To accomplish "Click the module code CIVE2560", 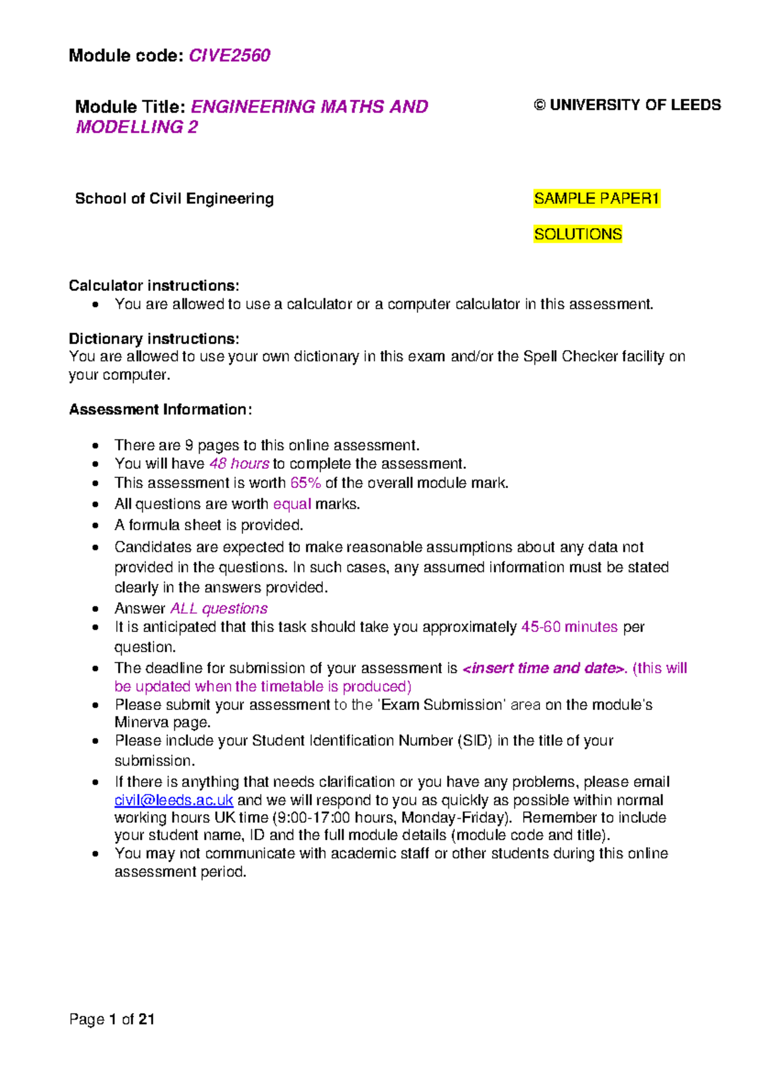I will point(229,56).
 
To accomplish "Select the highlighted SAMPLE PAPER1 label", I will point(596,198).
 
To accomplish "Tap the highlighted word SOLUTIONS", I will point(577,234).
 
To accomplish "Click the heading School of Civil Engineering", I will point(174,198).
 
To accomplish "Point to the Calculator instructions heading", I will point(153,286).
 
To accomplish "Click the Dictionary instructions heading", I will point(153,339).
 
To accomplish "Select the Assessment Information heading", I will point(160,410).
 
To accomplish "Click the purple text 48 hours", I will point(239,463).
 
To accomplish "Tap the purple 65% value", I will point(305,483).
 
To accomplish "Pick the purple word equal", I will point(292,504).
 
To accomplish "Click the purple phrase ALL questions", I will point(219,608).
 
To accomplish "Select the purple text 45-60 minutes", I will point(569,627).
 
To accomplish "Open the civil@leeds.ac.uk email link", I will point(174,800).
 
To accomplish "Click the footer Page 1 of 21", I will point(112,1019).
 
